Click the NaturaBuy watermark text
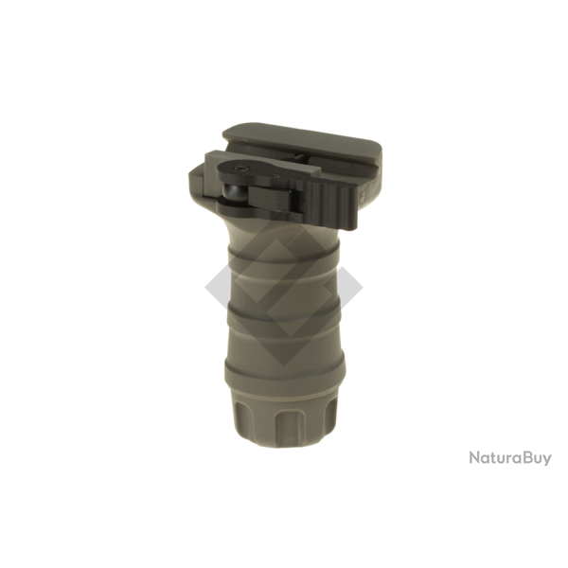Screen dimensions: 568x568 [509, 458]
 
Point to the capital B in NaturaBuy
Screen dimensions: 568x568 [526, 458]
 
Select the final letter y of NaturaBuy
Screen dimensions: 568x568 [546, 460]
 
